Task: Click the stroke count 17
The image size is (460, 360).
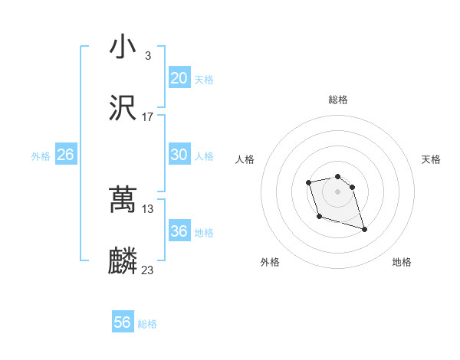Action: point(148,117)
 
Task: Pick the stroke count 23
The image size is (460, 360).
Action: point(148,270)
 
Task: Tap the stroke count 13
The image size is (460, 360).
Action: point(148,209)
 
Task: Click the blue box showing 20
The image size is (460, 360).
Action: point(179,78)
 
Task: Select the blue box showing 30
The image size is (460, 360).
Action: point(179,155)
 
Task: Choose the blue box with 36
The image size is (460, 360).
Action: point(179,231)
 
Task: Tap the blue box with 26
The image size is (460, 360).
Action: point(65,155)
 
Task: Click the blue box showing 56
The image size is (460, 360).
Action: point(123,322)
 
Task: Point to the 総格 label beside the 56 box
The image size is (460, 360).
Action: point(147,324)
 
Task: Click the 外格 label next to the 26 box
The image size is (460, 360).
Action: point(41,156)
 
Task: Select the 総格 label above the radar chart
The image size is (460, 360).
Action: point(337,100)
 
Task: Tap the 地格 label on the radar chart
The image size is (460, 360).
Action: point(402,263)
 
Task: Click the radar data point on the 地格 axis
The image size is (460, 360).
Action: point(364,229)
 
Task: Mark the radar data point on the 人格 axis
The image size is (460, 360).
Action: point(308,182)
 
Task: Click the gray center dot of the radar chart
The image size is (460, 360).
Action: point(337,191)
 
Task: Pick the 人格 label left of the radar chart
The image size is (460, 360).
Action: point(245,159)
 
